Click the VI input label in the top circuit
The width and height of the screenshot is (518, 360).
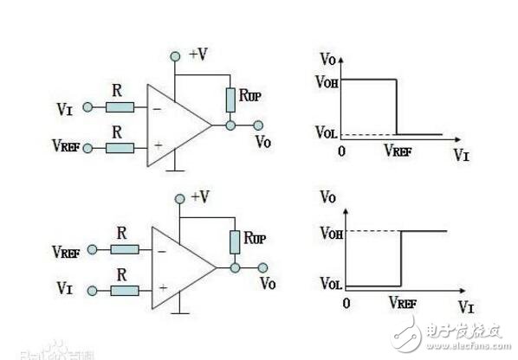(65, 108)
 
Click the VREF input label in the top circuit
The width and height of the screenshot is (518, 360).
(64, 148)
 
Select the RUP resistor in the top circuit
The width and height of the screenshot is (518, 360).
(230, 100)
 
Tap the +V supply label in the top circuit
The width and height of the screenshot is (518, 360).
(197, 55)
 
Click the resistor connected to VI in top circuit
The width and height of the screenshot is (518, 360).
(120, 107)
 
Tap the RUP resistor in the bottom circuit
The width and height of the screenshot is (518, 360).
(234, 241)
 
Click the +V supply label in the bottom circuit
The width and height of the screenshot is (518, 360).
(199, 196)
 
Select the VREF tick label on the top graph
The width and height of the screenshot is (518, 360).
(399, 150)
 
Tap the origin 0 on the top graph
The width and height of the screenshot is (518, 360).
(343, 150)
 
